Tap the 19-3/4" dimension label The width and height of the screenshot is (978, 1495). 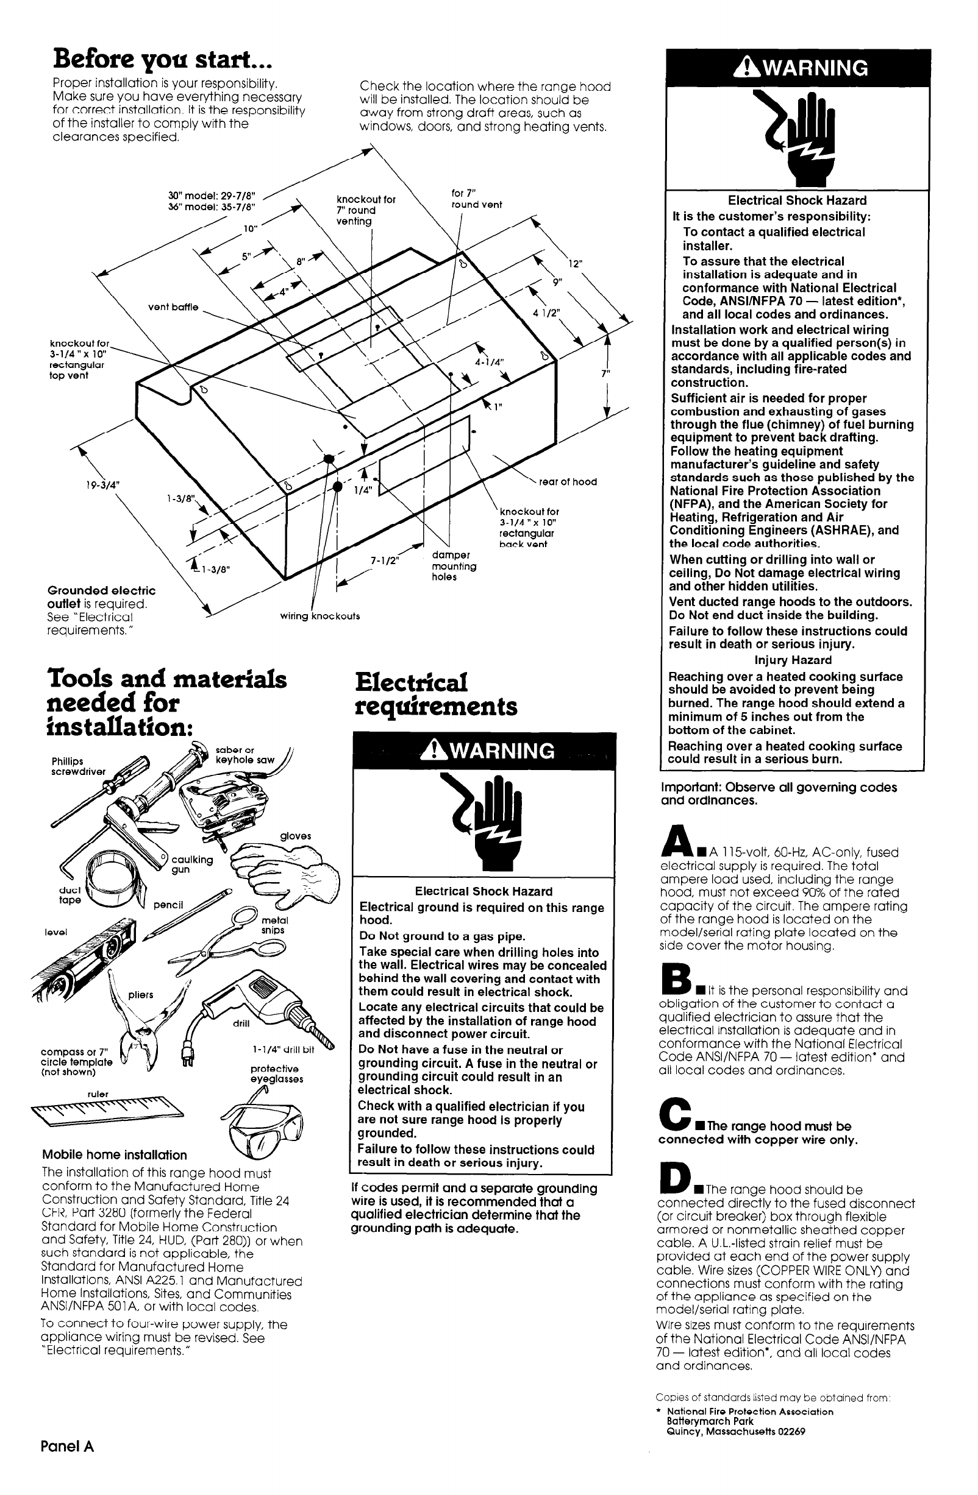(102, 485)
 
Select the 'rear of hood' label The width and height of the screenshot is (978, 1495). (568, 482)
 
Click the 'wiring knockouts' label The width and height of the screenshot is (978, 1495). (320, 617)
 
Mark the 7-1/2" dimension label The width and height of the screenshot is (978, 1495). (385, 560)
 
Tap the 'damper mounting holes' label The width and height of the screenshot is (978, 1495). (453, 566)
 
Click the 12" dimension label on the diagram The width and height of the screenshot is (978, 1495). (576, 264)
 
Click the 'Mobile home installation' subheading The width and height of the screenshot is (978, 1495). (115, 1154)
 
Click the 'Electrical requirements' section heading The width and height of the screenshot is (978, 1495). (435, 694)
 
